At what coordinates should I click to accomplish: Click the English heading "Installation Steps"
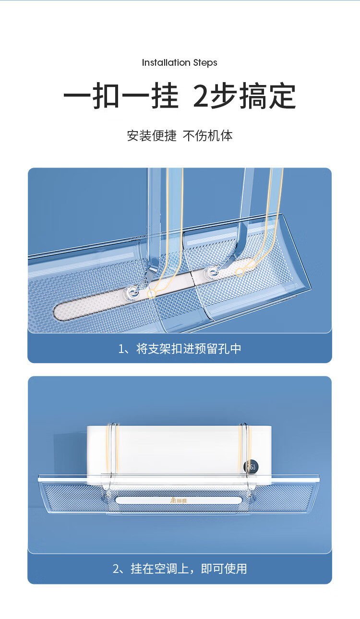pyautogui.click(x=180, y=63)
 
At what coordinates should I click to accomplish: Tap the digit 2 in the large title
pyautogui.click(x=201, y=96)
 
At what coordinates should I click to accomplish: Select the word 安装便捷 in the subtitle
pyautogui.click(x=152, y=136)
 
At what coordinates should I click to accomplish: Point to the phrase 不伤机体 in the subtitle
pyautogui.click(x=208, y=136)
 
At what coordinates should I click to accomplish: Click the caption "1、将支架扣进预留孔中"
pyautogui.click(x=180, y=349)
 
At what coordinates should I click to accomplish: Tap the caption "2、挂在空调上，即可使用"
pyautogui.click(x=180, y=569)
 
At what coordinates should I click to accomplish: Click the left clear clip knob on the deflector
pyautogui.click(x=131, y=292)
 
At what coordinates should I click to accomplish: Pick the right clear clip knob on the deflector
pyautogui.click(x=212, y=272)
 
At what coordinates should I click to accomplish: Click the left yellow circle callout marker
pyautogui.click(x=151, y=293)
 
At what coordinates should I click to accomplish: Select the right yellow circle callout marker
pyautogui.click(x=240, y=272)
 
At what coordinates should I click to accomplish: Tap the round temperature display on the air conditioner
pyautogui.click(x=251, y=467)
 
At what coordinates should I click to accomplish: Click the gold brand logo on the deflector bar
pyautogui.click(x=179, y=501)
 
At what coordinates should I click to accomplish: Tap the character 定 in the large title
pyautogui.click(x=282, y=96)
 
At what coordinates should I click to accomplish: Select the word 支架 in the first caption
pyautogui.click(x=159, y=349)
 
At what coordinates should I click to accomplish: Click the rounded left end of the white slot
pyautogui.click(x=59, y=314)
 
